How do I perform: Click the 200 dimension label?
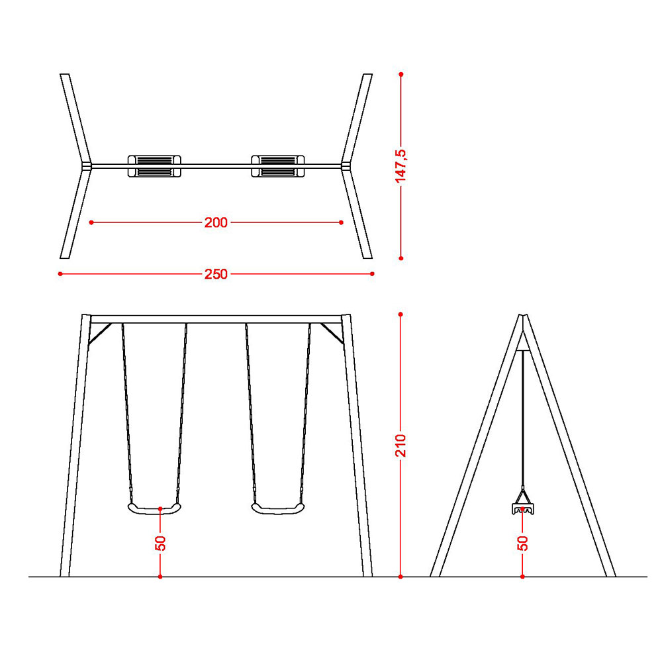[216, 222]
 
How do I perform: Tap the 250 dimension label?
[216, 275]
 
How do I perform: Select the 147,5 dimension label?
[401, 166]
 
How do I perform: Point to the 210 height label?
[401, 445]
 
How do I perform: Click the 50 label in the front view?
[160, 543]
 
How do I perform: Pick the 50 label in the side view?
[523, 543]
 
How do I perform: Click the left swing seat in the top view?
[154, 166]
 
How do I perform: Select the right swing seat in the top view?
[278, 166]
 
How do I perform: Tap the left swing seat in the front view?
[154, 508]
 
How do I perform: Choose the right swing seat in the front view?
[278, 508]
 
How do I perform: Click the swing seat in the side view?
[523, 509]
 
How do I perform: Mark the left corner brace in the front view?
[100, 334]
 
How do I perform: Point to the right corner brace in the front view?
[332, 334]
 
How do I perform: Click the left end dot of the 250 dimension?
[60, 274]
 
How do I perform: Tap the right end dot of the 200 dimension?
[341, 222]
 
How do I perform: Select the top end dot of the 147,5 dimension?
[401, 74]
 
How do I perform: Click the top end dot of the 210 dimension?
[401, 314]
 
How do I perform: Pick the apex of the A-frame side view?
[523, 315]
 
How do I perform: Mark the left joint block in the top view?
[87, 166]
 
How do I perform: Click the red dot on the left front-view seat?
[160, 508]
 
